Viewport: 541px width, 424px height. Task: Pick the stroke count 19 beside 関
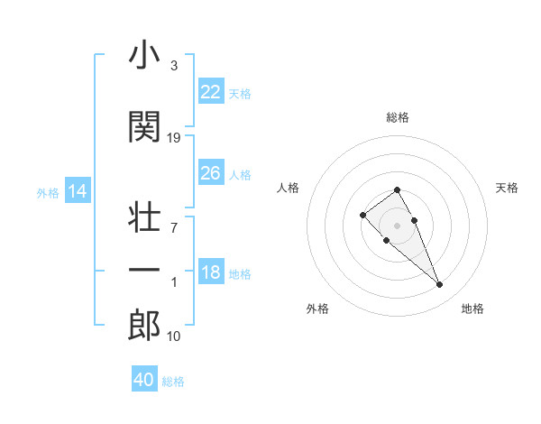click(x=174, y=138)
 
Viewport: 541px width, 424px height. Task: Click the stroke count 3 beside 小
click(x=174, y=66)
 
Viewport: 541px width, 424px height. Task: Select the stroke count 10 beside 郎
click(x=174, y=336)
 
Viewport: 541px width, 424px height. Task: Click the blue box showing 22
click(x=210, y=91)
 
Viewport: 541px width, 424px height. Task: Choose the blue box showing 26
click(x=210, y=173)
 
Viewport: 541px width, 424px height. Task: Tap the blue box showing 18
click(x=210, y=272)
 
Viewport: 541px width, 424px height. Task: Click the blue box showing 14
click(x=78, y=191)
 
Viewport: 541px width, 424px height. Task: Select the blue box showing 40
click(x=144, y=380)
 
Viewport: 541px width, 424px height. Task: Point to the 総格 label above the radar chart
click(x=398, y=117)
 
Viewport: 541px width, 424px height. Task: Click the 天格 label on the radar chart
click(x=508, y=188)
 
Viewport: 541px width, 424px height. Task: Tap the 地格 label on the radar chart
click(x=472, y=309)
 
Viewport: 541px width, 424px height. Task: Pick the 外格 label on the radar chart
click(x=317, y=309)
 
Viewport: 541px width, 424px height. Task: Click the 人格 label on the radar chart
click(x=289, y=188)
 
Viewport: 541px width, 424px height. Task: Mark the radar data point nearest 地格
click(x=439, y=285)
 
